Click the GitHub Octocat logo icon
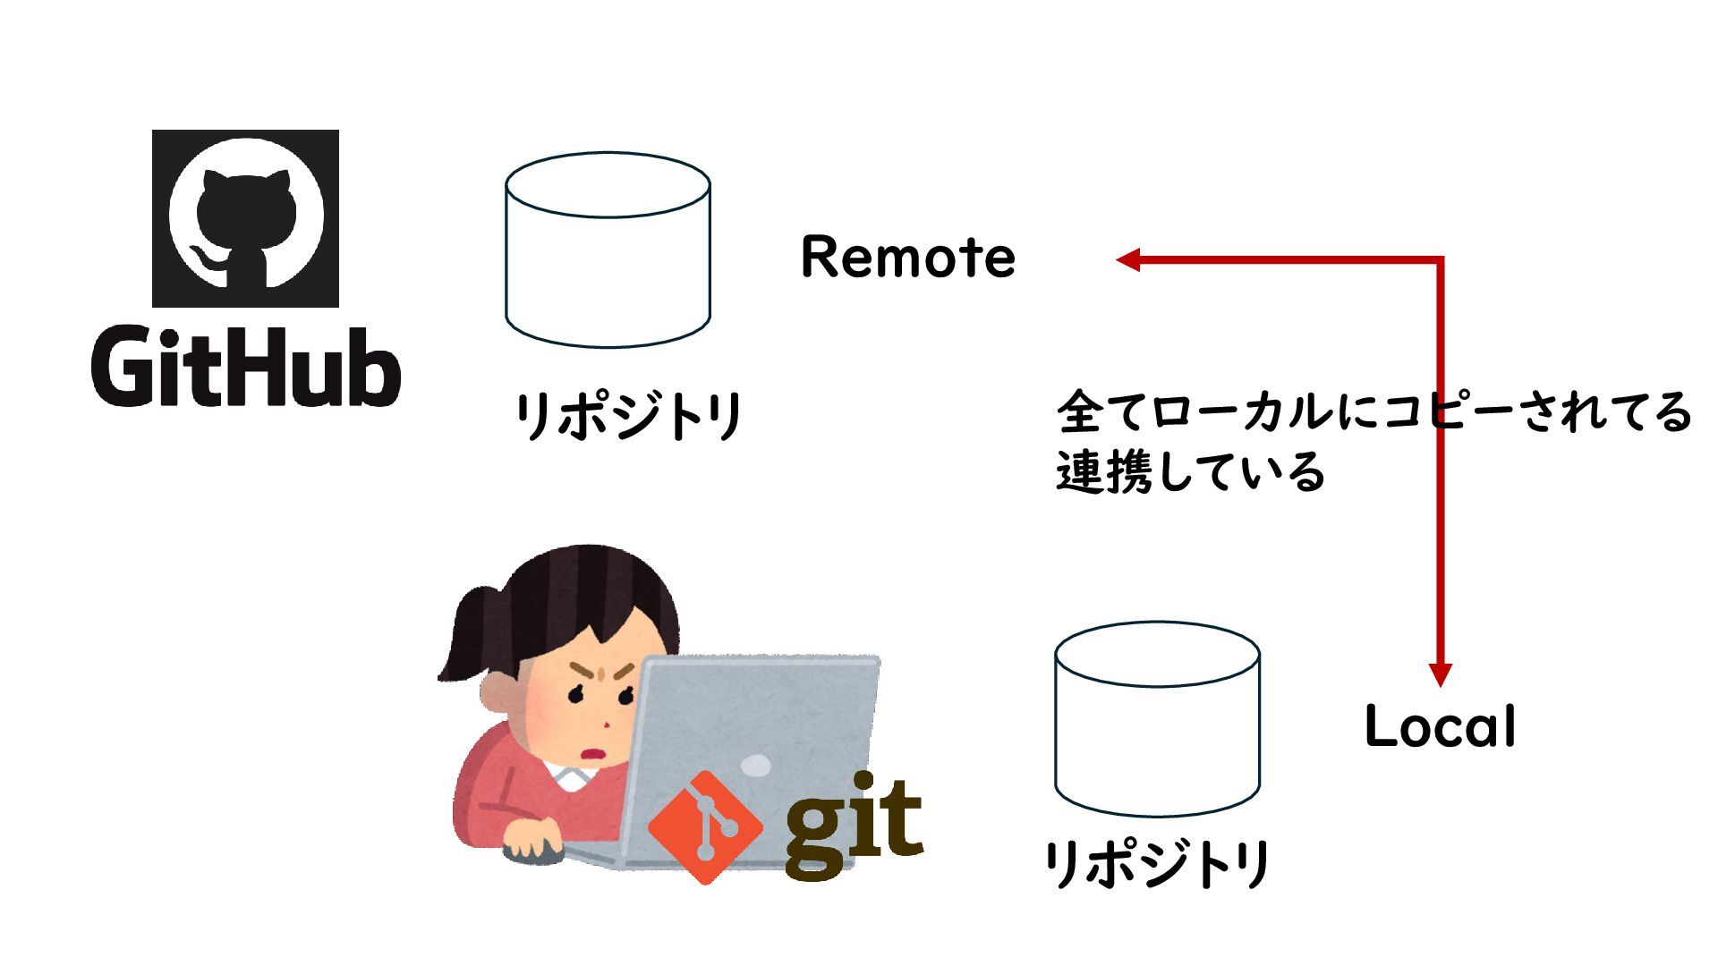click(245, 218)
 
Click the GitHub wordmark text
click(245, 367)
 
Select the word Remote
click(907, 258)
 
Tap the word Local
click(1440, 726)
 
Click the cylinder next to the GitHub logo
click(608, 250)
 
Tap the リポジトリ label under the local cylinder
click(1157, 864)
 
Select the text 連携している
click(1190, 472)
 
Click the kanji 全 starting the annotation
click(1079, 412)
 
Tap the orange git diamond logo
click(705, 827)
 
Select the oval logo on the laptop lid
click(756, 766)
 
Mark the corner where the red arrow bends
click(1440, 260)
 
